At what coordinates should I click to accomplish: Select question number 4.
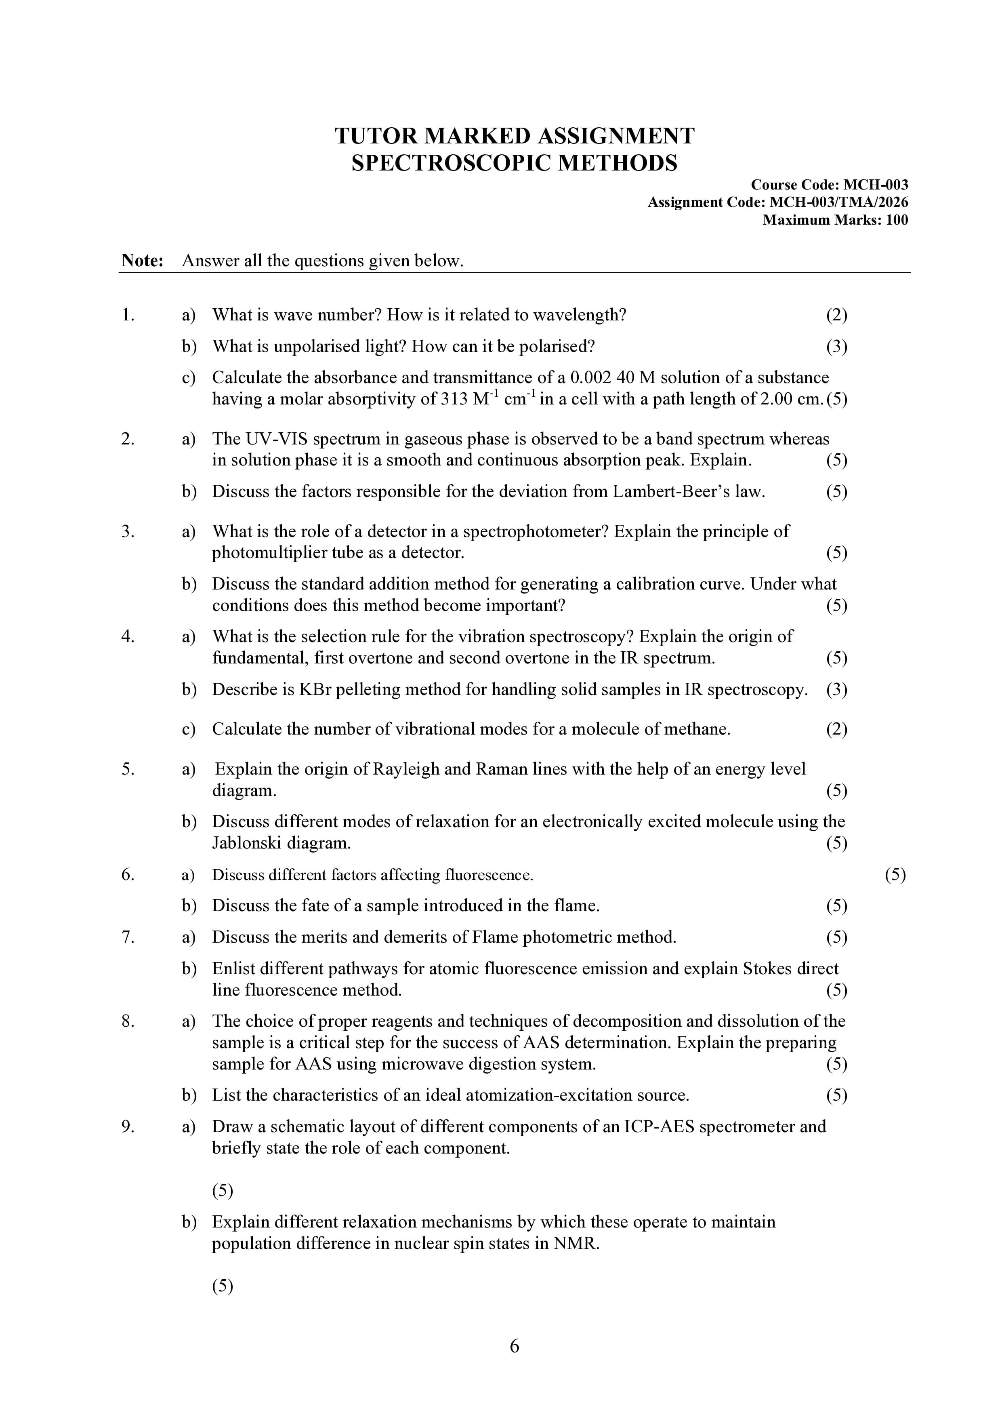(x=128, y=636)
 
